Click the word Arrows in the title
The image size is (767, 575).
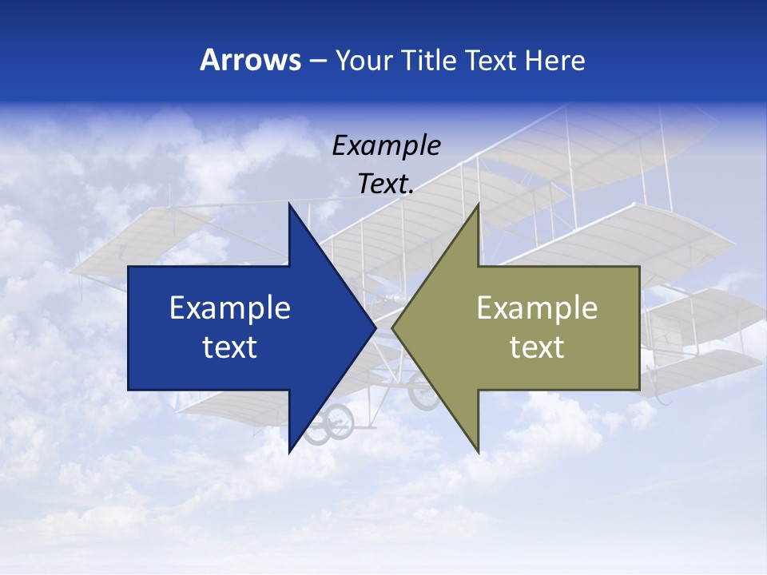(x=250, y=60)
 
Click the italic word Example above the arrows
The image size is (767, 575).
(x=387, y=146)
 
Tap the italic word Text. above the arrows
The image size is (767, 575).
(x=386, y=184)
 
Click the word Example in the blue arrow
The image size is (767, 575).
(x=230, y=308)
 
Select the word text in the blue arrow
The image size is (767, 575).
(x=230, y=347)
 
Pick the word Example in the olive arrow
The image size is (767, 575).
(x=537, y=308)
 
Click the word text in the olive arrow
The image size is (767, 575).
(x=537, y=347)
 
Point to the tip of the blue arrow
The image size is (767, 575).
(x=376, y=328)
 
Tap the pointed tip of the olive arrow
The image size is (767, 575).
(x=392, y=328)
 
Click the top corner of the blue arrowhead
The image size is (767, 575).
(x=289, y=204)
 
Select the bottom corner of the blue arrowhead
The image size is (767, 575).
(x=289, y=452)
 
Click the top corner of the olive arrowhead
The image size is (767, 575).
(x=478, y=204)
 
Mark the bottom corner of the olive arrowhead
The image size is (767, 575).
(x=478, y=452)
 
